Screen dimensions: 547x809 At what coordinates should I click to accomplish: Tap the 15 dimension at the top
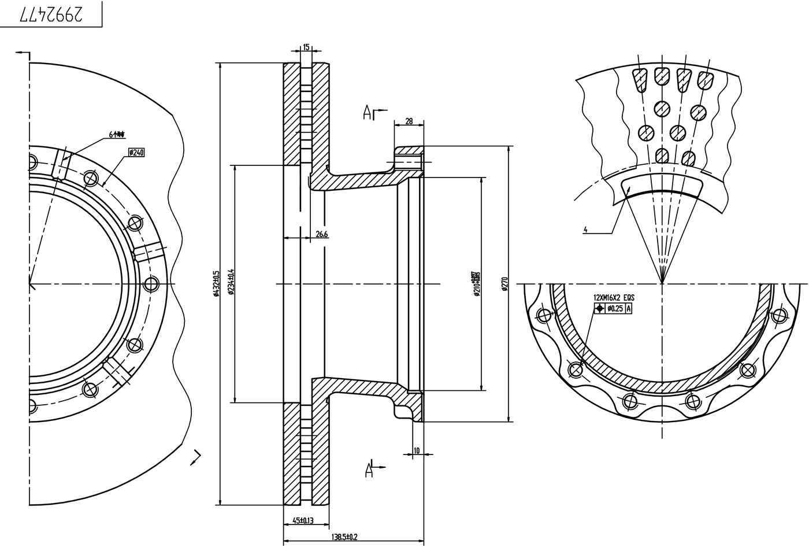(x=306, y=46)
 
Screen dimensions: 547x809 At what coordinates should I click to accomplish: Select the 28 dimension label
(x=409, y=121)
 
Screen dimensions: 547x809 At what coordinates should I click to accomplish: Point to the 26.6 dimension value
(x=322, y=234)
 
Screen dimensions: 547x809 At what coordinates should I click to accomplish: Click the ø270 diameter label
(x=504, y=284)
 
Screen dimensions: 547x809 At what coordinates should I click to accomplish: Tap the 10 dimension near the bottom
(x=417, y=450)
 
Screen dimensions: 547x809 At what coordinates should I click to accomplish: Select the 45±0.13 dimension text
(x=303, y=520)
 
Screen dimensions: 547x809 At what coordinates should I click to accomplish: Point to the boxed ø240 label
(x=136, y=153)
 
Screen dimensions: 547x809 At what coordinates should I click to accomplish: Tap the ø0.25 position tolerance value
(x=614, y=309)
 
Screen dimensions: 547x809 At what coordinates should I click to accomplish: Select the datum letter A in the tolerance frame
(x=628, y=309)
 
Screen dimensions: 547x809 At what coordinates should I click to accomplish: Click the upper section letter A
(x=367, y=112)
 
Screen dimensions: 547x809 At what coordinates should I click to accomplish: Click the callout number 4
(x=585, y=230)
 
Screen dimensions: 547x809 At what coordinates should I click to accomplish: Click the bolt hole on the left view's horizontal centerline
(x=150, y=284)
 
